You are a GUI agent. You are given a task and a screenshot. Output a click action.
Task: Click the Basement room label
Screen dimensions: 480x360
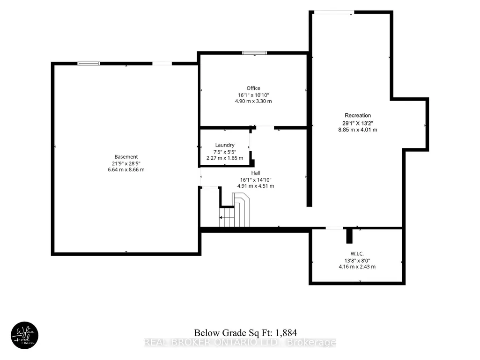(126, 157)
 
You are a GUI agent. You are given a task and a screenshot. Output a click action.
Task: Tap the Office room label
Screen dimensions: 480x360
(253, 88)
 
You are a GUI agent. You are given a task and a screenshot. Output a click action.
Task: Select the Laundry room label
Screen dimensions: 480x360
(225, 145)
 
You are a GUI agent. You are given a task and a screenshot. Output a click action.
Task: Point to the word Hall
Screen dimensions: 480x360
(256, 173)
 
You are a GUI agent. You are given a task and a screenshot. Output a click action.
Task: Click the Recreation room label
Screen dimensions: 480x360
(358, 116)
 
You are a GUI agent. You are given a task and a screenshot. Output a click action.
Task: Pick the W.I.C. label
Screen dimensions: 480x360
(357, 254)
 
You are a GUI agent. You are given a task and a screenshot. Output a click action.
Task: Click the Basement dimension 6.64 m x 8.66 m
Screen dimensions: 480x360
(126, 169)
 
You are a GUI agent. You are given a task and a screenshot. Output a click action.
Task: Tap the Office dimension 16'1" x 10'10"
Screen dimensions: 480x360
(253, 95)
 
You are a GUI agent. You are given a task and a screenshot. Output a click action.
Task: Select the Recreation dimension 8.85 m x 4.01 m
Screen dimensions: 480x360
(358, 130)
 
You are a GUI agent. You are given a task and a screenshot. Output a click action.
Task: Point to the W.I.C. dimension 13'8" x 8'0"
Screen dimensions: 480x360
(357, 260)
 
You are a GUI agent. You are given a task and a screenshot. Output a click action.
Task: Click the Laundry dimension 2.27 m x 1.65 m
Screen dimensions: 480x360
(225, 158)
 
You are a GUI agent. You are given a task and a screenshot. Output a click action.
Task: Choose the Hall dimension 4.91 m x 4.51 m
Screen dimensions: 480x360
(256, 186)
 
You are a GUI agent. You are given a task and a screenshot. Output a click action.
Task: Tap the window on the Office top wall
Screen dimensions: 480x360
(254, 53)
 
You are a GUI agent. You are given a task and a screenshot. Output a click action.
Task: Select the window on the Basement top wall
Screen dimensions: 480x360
(89, 64)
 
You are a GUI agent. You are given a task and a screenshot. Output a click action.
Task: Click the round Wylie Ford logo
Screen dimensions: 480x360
(24, 336)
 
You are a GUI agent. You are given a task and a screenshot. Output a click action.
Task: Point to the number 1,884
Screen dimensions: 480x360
(286, 333)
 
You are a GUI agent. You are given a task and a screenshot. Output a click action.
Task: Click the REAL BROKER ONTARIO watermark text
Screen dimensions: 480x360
(240, 343)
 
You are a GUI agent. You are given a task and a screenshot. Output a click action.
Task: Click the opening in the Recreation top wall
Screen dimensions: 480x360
(334, 13)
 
